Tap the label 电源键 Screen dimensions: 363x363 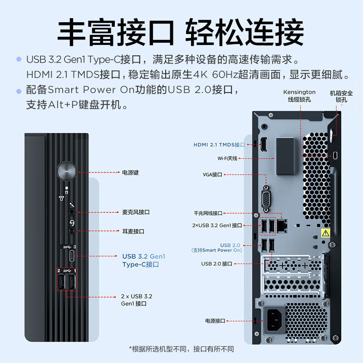[x=130, y=173]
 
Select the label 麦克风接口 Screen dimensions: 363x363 [x=136, y=212]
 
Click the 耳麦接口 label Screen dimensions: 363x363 [x=133, y=231]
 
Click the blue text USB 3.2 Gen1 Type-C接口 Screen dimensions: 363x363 [x=143, y=260]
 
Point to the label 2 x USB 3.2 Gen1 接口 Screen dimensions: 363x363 [x=136, y=299]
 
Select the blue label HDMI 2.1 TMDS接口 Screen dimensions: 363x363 [x=219, y=145]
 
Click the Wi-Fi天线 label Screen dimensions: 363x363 [x=227, y=158]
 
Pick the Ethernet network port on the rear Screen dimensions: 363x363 [x=283, y=224]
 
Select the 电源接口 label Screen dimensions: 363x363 [x=215, y=321]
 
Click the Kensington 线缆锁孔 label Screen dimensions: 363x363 [x=299, y=95]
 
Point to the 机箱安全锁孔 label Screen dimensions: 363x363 [x=342, y=96]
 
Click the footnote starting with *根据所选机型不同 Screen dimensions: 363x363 [x=181, y=349]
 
